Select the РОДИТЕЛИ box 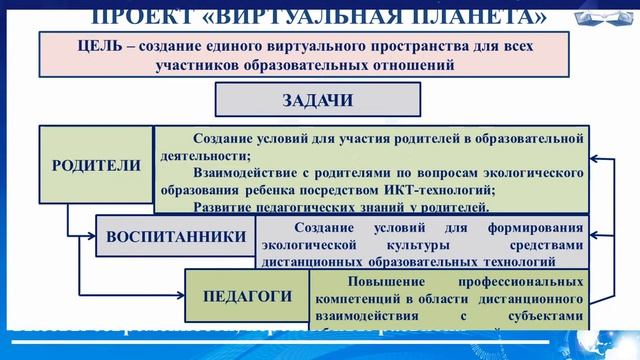[x=96, y=166]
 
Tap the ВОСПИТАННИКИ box [x=175, y=237]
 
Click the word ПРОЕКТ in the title [x=149, y=15]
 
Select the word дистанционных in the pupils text [x=314, y=263]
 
